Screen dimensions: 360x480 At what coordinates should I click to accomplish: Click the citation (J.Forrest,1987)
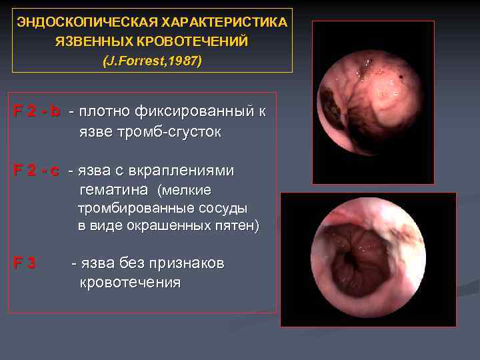tap(152, 61)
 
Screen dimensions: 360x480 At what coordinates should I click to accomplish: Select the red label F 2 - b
tap(37, 111)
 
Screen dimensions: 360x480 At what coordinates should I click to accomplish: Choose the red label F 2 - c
tap(37, 171)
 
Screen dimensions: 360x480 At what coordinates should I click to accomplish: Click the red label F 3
tap(25, 263)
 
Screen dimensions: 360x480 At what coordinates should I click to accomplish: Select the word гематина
tap(113, 190)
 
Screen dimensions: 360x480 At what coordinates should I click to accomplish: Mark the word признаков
tap(187, 263)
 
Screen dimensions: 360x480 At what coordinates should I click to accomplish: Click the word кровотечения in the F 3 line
tap(130, 282)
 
